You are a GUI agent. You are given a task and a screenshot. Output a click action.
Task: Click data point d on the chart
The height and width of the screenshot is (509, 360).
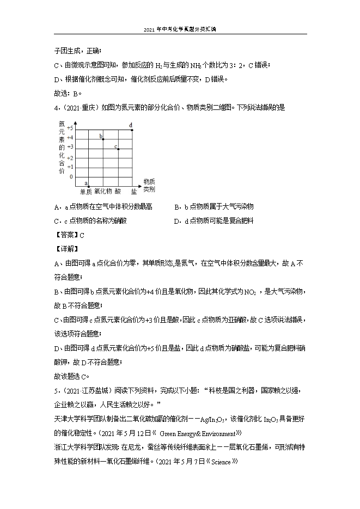(x=132, y=130)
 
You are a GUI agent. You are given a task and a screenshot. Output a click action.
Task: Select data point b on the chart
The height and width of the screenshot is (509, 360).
(x=103, y=139)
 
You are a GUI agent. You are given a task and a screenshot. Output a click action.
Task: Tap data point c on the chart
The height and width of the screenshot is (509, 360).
(x=118, y=149)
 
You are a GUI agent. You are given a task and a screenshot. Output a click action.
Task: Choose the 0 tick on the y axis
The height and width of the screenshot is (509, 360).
(x=71, y=176)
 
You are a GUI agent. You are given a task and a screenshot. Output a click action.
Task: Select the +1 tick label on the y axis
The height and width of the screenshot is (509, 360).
(x=70, y=167)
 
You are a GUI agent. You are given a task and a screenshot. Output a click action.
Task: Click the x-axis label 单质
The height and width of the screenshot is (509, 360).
(x=86, y=192)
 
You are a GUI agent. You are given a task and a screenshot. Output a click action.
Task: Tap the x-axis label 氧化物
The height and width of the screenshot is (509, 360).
(x=103, y=192)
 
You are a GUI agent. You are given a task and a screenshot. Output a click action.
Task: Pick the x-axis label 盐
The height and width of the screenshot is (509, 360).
(x=133, y=192)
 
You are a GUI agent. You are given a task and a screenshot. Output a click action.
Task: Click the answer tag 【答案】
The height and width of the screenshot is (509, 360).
(x=66, y=235)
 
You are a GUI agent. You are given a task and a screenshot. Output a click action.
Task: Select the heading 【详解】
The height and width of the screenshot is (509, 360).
(x=66, y=249)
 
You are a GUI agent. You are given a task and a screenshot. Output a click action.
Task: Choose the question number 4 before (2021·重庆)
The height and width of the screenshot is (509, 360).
(x=56, y=108)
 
